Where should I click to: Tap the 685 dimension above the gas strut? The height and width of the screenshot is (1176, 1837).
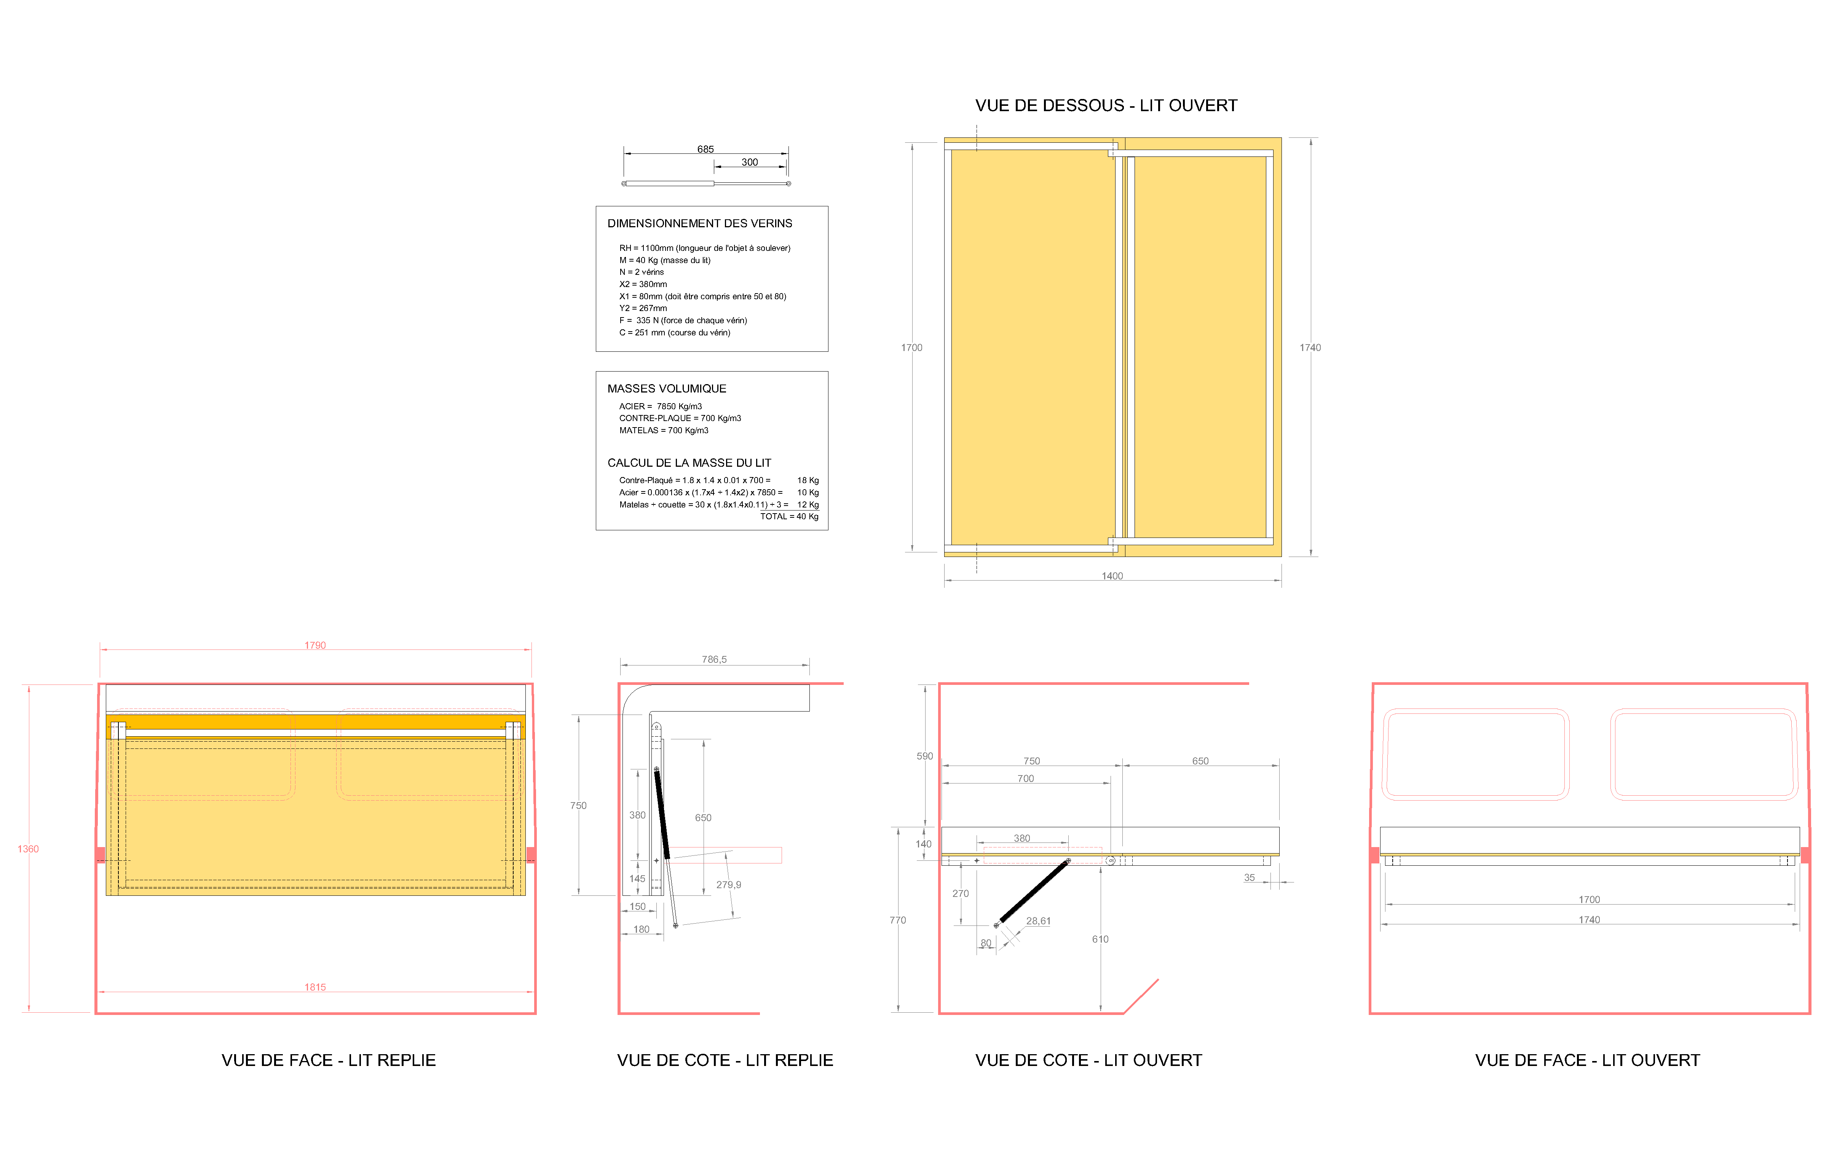[x=705, y=149]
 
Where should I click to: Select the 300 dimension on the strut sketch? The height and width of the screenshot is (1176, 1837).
[x=750, y=162]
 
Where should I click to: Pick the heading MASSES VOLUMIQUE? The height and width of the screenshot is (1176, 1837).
[x=667, y=389]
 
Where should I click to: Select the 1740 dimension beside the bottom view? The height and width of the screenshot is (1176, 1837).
[x=1310, y=348]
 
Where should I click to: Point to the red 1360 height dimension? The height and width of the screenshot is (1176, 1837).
[x=28, y=848]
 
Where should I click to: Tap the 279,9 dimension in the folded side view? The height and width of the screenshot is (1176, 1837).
[x=728, y=884]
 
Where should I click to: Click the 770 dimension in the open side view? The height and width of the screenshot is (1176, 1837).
[x=898, y=920]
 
